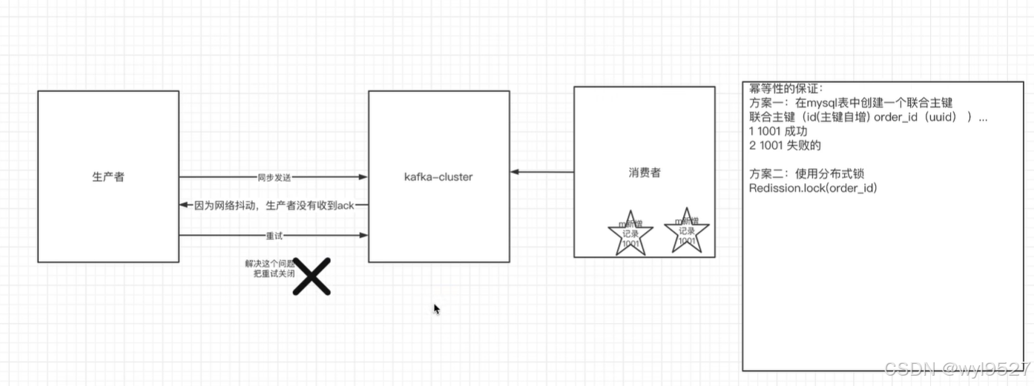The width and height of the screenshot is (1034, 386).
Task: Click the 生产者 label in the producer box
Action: tap(108, 176)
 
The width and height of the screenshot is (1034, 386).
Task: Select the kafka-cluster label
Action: tap(438, 177)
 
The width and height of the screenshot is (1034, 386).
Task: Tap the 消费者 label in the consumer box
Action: tap(644, 173)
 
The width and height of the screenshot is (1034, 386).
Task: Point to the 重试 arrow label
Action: tap(274, 236)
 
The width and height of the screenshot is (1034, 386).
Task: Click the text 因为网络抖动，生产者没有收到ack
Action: tap(274, 205)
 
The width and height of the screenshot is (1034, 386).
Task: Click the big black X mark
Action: tap(312, 276)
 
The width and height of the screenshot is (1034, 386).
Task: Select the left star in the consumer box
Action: tap(630, 233)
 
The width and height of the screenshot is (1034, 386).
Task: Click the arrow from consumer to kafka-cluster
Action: tap(542, 173)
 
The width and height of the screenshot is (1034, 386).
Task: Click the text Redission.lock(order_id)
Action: tap(814, 188)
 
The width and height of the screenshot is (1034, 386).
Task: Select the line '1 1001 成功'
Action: tap(777, 131)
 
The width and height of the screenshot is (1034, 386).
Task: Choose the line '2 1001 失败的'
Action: tap(785, 145)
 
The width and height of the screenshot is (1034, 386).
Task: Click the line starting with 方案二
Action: tap(807, 174)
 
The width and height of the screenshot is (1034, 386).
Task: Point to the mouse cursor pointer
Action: tap(437, 309)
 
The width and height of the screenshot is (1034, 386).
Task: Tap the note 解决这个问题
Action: tap(269, 263)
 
